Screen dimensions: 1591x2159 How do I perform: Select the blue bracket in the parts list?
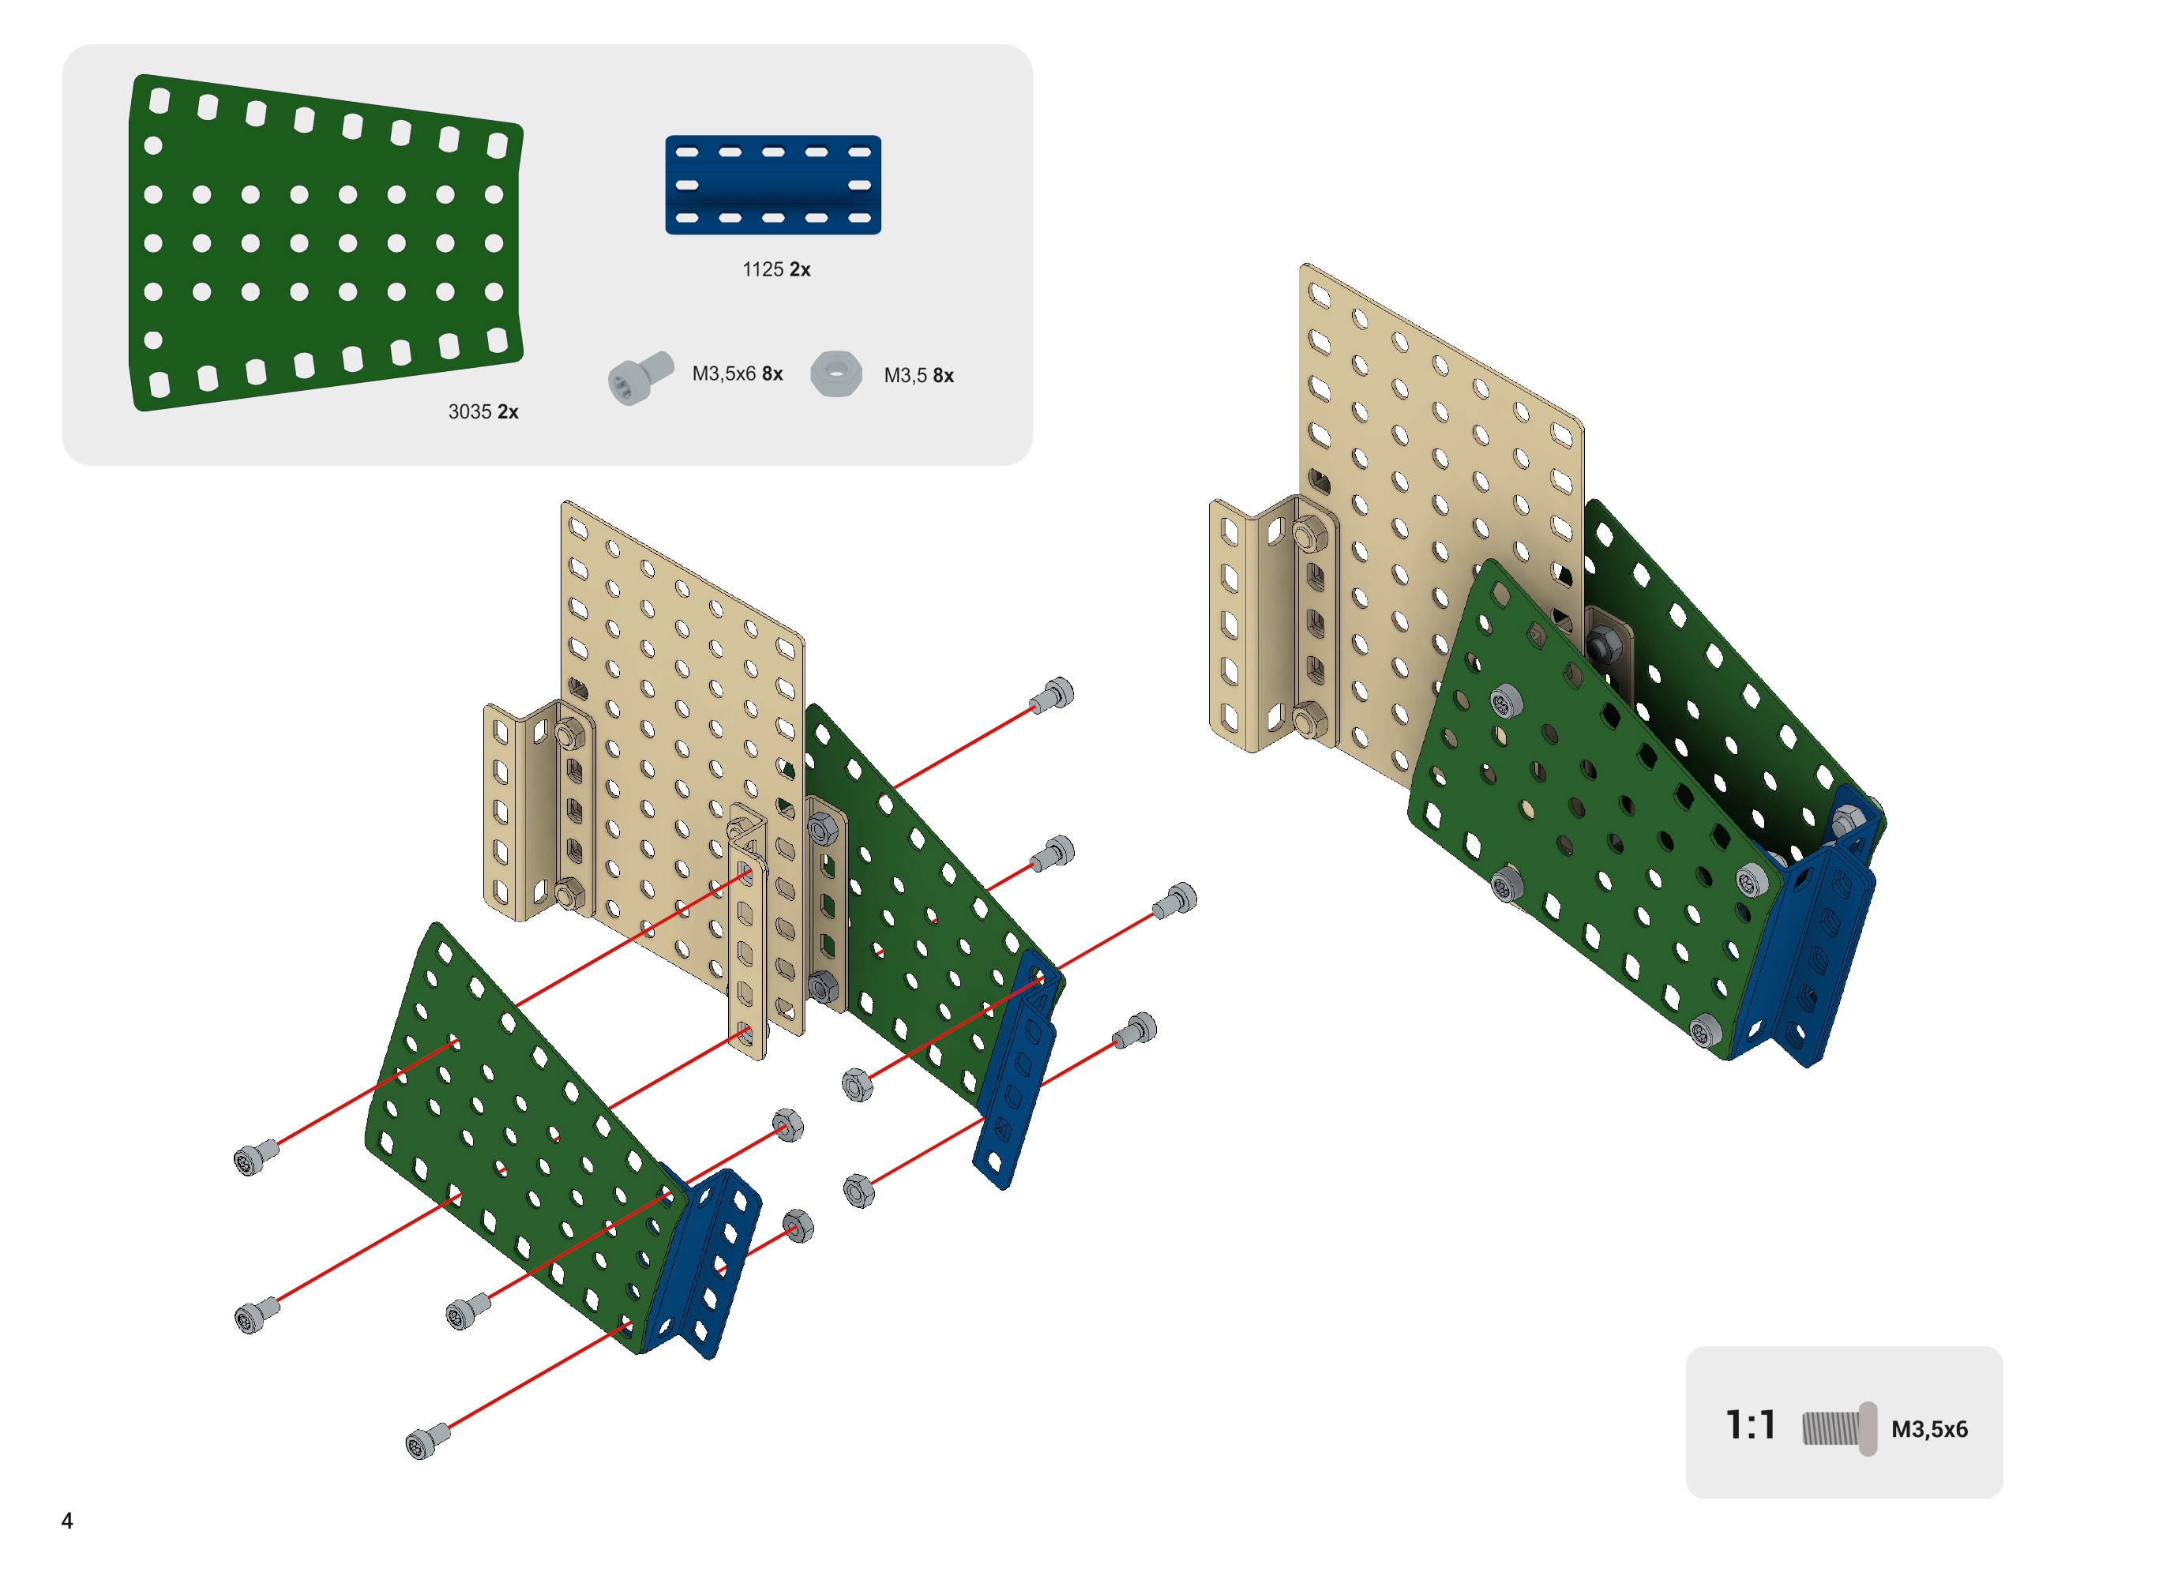(772, 184)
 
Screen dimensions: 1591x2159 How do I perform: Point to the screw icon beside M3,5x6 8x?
(640, 377)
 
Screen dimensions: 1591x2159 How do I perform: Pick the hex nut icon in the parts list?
(835, 373)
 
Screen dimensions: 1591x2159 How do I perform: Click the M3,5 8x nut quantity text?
(918, 376)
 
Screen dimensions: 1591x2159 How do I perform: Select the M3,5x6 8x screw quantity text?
(737, 373)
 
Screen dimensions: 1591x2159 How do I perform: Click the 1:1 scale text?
(1749, 1425)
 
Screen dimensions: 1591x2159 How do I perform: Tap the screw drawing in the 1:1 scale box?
(1838, 1428)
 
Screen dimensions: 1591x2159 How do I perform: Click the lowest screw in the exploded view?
(426, 1441)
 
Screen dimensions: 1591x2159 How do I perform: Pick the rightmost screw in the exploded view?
(1175, 900)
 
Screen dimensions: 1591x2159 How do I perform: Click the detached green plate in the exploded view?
(501, 1108)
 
